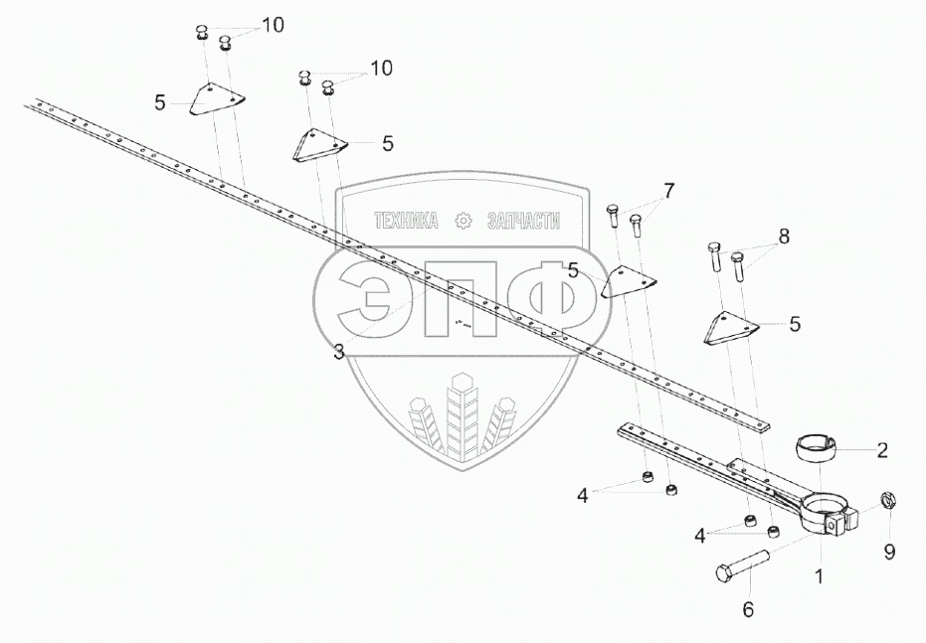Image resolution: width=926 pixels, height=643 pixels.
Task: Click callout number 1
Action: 819,574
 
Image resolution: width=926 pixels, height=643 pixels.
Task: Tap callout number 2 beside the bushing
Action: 882,450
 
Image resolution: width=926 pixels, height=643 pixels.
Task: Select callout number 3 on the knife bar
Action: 339,352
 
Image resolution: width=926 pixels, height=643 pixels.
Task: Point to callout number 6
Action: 749,609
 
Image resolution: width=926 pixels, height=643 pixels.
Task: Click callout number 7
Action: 668,190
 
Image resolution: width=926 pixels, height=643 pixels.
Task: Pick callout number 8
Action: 784,237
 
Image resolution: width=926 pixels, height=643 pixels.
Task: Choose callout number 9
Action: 890,550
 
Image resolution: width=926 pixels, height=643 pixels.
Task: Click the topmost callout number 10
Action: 272,26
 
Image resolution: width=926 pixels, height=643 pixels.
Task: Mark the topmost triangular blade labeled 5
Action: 216,99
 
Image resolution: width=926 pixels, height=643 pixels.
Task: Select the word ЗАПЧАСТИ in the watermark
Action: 523,222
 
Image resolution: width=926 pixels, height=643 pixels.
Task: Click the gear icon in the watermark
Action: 463,222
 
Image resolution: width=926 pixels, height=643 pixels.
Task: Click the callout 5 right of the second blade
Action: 387,143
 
